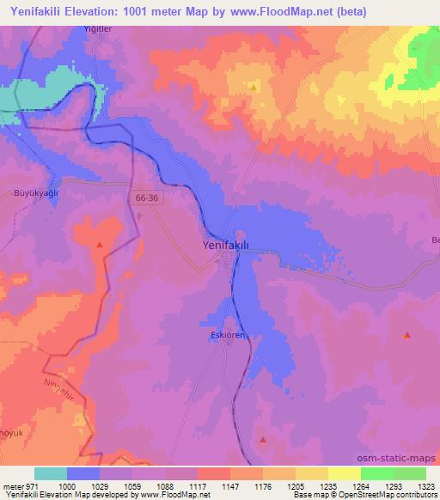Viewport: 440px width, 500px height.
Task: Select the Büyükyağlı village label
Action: click(35, 193)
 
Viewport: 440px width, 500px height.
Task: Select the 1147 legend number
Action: click(230, 486)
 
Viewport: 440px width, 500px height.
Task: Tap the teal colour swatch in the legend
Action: click(51, 473)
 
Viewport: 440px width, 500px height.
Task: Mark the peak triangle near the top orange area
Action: click(254, 87)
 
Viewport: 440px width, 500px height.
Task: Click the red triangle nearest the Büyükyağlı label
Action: click(101, 245)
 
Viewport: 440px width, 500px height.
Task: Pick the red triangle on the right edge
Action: click(406, 335)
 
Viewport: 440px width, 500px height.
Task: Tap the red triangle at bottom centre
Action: click(262, 440)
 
